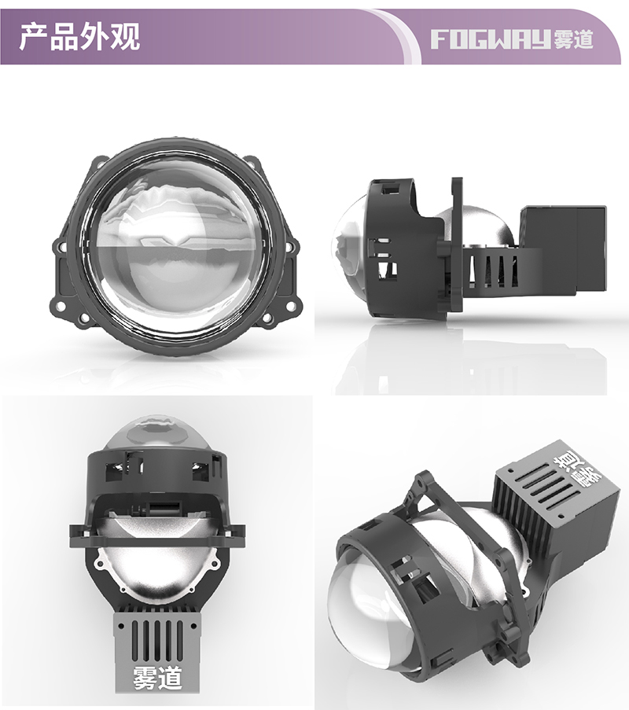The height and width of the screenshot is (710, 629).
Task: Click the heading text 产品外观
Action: pos(79,36)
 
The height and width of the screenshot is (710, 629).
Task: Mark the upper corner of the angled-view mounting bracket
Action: pos(425,476)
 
